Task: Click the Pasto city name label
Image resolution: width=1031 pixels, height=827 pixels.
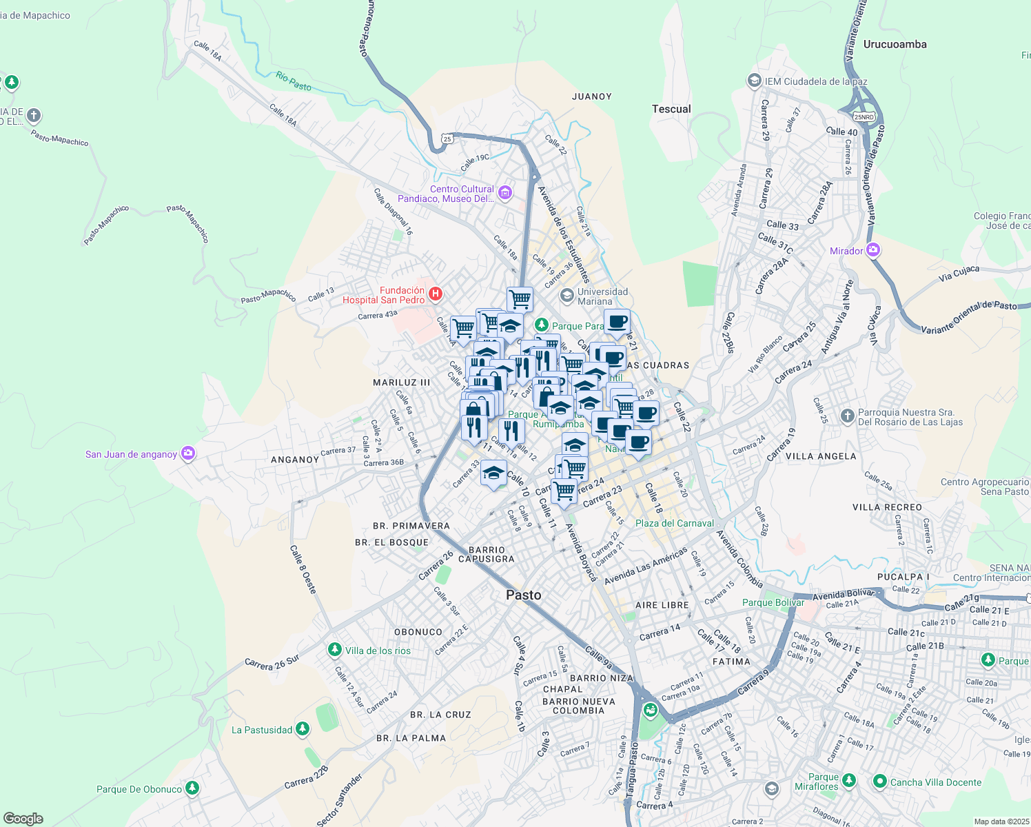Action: pyautogui.click(x=523, y=595)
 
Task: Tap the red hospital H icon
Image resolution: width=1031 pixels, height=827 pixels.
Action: pyautogui.click(x=435, y=294)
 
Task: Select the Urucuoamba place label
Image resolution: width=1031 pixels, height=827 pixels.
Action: pyautogui.click(x=895, y=44)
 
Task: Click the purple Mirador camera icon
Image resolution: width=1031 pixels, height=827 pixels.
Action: pyautogui.click(x=873, y=250)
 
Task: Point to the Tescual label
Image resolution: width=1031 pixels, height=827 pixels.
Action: pyautogui.click(x=671, y=109)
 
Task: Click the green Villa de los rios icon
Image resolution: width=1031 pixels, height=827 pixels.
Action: pyautogui.click(x=334, y=650)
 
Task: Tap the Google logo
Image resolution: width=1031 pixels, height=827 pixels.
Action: pyautogui.click(x=23, y=819)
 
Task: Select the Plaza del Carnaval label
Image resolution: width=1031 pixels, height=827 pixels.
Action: pyautogui.click(x=674, y=523)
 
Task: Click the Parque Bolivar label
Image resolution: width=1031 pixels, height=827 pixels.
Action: pyautogui.click(x=773, y=602)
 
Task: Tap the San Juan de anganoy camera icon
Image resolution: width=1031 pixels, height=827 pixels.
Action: pyautogui.click(x=188, y=453)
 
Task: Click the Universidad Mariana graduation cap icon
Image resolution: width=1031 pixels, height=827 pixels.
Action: pyautogui.click(x=566, y=296)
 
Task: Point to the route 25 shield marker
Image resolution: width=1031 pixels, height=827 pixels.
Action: pyautogui.click(x=448, y=139)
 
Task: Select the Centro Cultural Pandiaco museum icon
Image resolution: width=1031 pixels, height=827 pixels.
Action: pyautogui.click(x=505, y=193)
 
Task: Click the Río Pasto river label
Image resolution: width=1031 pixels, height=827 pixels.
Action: pyautogui.click(x=294, y=81)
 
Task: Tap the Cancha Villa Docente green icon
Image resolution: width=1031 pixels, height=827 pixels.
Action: pyautogui.click(x=879, y=782)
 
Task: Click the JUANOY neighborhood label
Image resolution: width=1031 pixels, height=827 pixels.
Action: pyautogui.click(x=591, y=96)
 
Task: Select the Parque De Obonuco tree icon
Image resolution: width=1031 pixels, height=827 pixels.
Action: pyautogui.click(x=192, y=788)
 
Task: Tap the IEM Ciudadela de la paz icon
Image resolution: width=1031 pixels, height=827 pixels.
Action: pyautogui.click(x=754, y=81)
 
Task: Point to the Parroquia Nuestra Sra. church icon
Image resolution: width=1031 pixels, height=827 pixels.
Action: pyautogui.click(x=848, y=416)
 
